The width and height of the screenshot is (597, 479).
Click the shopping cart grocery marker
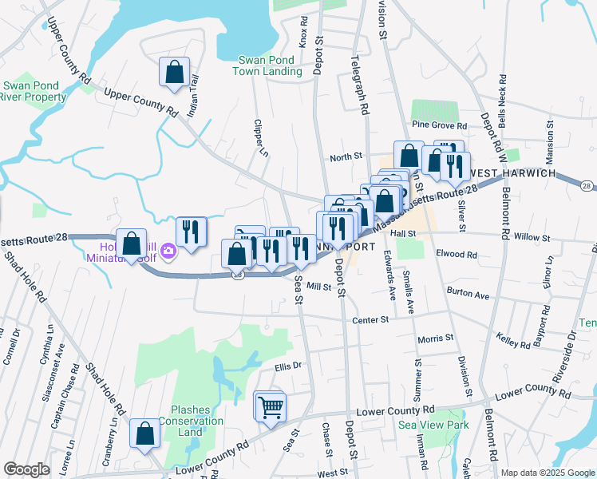tap(271, 406)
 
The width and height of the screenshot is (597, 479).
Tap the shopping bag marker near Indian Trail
tap(173, 73)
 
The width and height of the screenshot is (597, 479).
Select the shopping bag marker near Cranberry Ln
tap(144, 434)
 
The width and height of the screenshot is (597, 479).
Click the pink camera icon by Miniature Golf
tap(168, 251)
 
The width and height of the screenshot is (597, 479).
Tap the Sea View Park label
tap(433, 425)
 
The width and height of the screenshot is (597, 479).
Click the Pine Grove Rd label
tap(439, 125)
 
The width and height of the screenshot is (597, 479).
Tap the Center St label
tap(370, 319)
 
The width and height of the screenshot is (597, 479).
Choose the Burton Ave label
tap(468, 295)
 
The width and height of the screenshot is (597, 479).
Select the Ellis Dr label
tap(287, 366)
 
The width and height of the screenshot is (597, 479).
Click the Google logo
tap(26, 469)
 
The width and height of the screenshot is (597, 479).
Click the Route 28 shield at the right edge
tap(587, 185)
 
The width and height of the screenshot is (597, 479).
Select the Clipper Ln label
tap(258, 136)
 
